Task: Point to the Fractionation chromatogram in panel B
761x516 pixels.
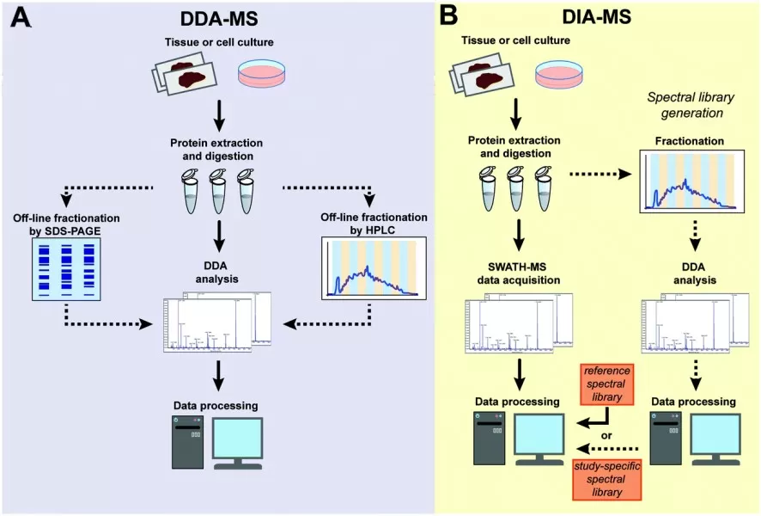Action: [x=690, y=181]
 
